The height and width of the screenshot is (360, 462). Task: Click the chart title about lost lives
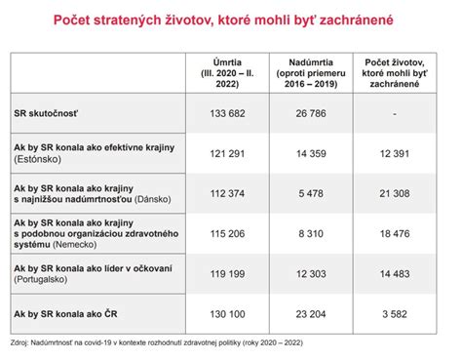point(231,20)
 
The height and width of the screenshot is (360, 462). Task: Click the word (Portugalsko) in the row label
point(43,281)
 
